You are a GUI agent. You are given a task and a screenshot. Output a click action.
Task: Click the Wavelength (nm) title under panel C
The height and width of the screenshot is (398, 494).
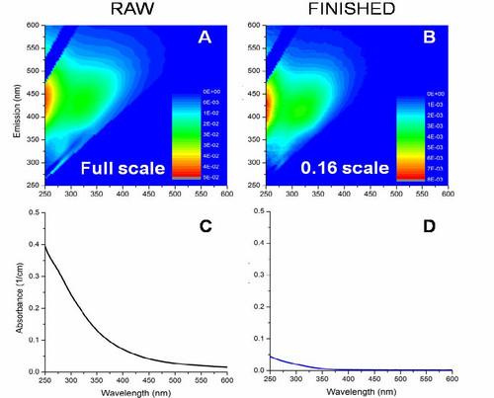(142, 391)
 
